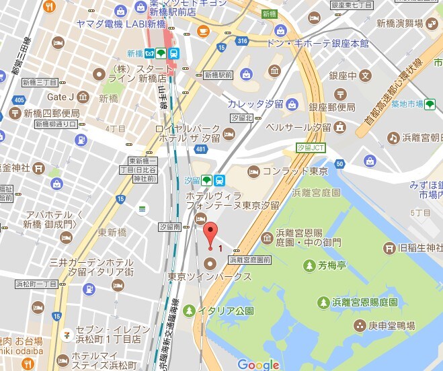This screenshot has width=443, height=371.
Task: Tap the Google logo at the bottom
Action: point(258,365)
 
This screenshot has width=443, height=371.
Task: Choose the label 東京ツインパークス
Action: point(210,276)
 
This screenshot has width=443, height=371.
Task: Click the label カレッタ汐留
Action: point(255,104)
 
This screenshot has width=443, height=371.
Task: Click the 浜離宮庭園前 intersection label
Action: point(249,259)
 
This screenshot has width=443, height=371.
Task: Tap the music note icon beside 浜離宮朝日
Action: point(393,137)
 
